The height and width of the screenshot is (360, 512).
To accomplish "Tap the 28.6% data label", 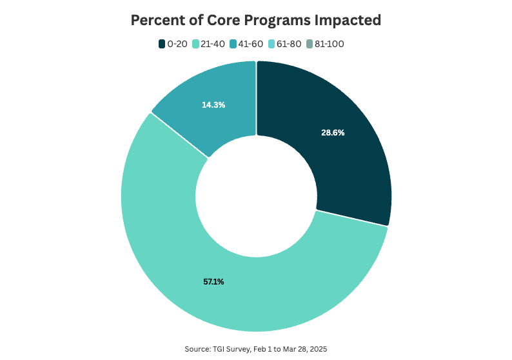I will [x=333, y=132].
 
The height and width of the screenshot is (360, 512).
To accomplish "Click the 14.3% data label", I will [x=213, y=104].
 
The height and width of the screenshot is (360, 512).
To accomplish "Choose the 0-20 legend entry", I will [x=175, y=44].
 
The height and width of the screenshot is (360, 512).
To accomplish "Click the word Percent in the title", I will [x=155, y=20].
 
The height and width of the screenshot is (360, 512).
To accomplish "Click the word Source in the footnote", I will [x=196, y=348].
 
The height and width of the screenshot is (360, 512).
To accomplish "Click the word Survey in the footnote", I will [x=236, y=348].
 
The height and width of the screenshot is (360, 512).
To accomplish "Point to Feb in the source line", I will [x=261, y=348].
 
